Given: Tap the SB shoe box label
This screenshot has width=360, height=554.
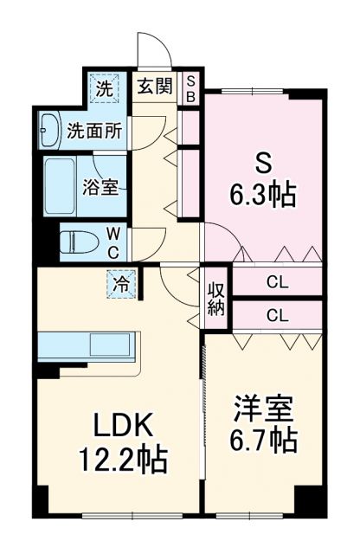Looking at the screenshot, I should (191, 88).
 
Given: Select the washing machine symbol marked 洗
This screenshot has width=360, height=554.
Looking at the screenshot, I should (104, 87).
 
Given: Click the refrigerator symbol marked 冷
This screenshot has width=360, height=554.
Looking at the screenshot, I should (121, 282).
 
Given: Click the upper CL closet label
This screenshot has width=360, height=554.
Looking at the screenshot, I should (277, 281).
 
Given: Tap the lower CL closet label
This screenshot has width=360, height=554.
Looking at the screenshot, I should (277, 314).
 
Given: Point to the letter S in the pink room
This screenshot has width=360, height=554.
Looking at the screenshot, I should (263, 161).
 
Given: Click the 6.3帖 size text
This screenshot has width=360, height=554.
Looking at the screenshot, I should (263, 194).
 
